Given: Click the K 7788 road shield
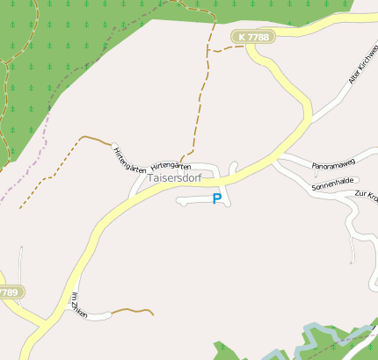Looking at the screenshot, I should click(x=253, y=37).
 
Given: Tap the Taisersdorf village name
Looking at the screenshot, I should click(x=175, y=178).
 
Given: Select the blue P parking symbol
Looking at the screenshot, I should click(x=217, y=199).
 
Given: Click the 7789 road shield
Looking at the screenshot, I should click(x=8, y=292).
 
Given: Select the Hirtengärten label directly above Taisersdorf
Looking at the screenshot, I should click(x=171, y=166).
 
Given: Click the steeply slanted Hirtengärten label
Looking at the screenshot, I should click(x=129, y=159).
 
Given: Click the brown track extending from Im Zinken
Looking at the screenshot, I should click(x=132, y=310).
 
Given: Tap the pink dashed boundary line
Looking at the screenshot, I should click(x=26, y=176).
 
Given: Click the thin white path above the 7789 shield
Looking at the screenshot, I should click(x=20, y=263).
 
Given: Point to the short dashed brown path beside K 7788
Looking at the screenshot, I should click(x=225, y=49).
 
